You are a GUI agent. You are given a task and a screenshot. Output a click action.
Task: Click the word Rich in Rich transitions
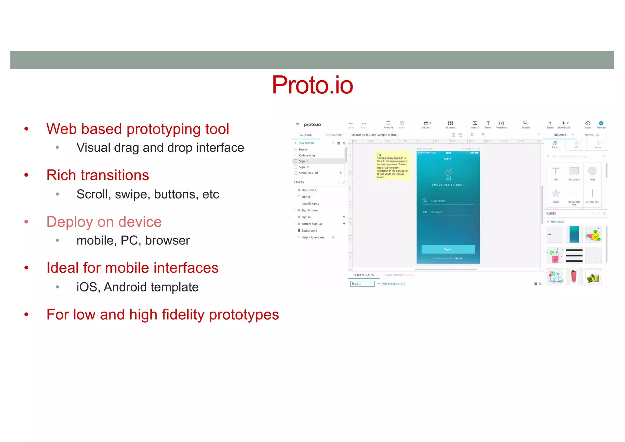click(61, 175)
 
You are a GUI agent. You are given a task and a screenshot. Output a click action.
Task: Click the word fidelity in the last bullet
click(183, 315)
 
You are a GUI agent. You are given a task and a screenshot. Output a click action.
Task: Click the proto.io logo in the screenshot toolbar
click(312, 125)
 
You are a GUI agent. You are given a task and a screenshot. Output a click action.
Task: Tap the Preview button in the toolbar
click(601, 125)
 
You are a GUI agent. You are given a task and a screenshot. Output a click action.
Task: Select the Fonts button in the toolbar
click(488, 125)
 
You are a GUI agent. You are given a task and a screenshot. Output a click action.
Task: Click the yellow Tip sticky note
click(392, 165)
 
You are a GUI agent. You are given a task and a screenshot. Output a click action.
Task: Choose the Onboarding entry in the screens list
click(307, 155)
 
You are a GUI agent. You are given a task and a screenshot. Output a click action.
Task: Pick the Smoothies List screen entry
click(308, 173)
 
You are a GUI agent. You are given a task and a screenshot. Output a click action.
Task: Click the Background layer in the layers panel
click(309, 231)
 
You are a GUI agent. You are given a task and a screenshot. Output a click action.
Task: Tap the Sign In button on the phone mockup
click(448, 249)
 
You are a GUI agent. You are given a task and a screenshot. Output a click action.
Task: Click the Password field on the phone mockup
click(448, 212)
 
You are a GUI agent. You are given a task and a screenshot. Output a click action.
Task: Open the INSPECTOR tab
click(592, 135)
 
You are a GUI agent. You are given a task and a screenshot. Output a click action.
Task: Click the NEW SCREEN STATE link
click(393, 284)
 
